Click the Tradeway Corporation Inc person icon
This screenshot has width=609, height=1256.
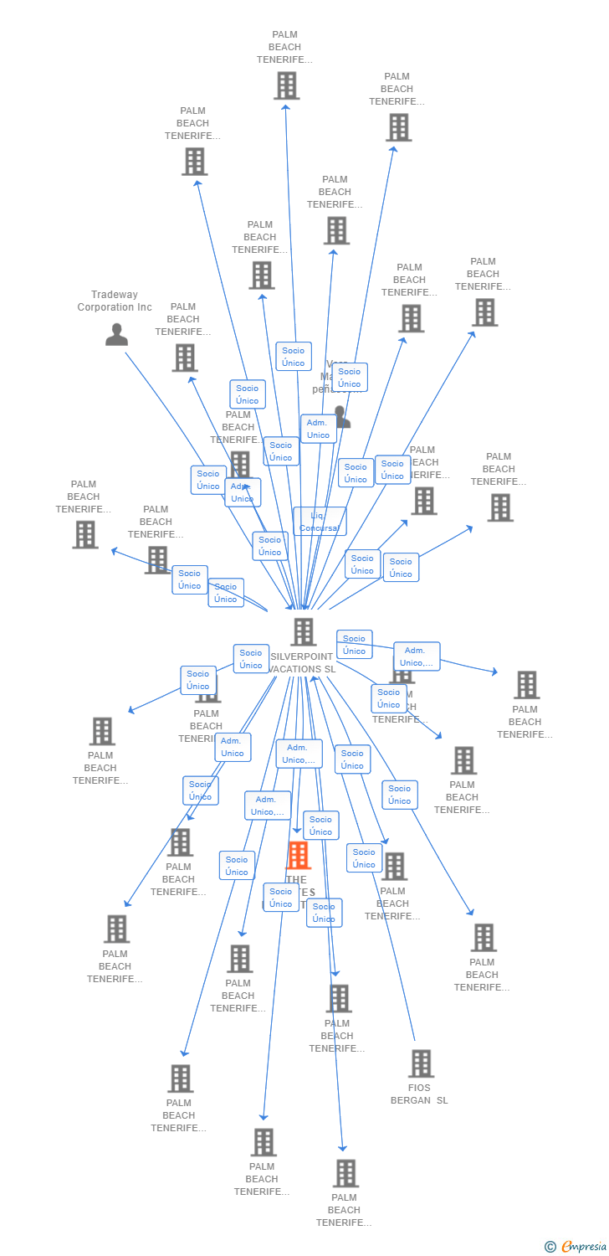(x=117, y=334)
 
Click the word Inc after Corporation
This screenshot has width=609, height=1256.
(x=145, y=307)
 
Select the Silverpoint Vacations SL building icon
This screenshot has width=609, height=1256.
(x=304, y=632)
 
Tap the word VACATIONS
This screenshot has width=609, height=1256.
(x=295, y=669)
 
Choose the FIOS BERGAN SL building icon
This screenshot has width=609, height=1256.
(x=421, y=1063)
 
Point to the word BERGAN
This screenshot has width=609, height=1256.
(x=412, y=1100)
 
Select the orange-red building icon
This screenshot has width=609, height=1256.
(x=299, y=856)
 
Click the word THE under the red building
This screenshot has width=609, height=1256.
(x=295, y=880)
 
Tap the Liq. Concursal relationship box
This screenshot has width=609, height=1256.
(x=320, y=521)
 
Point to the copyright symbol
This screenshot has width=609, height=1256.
(x=550, y=1247)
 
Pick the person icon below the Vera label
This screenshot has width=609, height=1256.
(x=342, y=416)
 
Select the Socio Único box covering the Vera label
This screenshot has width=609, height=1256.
(x=349, y=378)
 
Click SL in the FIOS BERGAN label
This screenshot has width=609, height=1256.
(x=442, y=1100)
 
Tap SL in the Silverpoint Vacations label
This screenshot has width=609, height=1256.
(x=330, y=669)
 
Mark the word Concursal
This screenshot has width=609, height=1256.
(x=320, y=528)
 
